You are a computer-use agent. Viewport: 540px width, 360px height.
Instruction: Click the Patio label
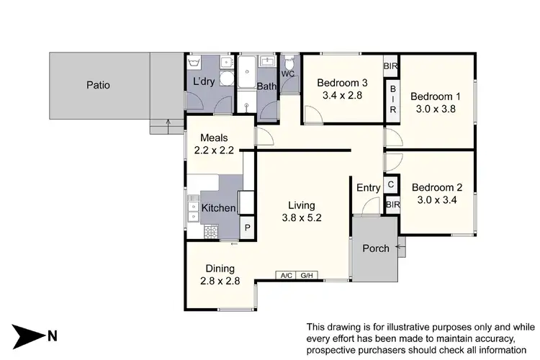click(98, 85)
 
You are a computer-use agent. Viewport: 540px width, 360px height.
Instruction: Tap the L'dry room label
click(203, 82)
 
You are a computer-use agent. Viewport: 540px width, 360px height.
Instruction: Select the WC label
click(288, 73)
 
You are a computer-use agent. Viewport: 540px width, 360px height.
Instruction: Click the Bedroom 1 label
click(435, 96)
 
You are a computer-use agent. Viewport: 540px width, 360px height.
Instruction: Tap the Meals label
click(215, 138)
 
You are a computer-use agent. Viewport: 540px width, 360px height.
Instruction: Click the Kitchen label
click(218, 208)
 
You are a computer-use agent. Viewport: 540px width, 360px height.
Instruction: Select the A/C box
click(287, 274)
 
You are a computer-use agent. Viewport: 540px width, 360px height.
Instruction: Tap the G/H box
click(307, 274)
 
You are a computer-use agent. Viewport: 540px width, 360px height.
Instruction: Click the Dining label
click(219, 269)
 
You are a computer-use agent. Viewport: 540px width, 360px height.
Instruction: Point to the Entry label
click(368, 188)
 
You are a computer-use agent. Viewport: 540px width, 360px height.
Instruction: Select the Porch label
click(375, 248)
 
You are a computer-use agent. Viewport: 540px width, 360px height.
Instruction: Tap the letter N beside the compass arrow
click(52, 335)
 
